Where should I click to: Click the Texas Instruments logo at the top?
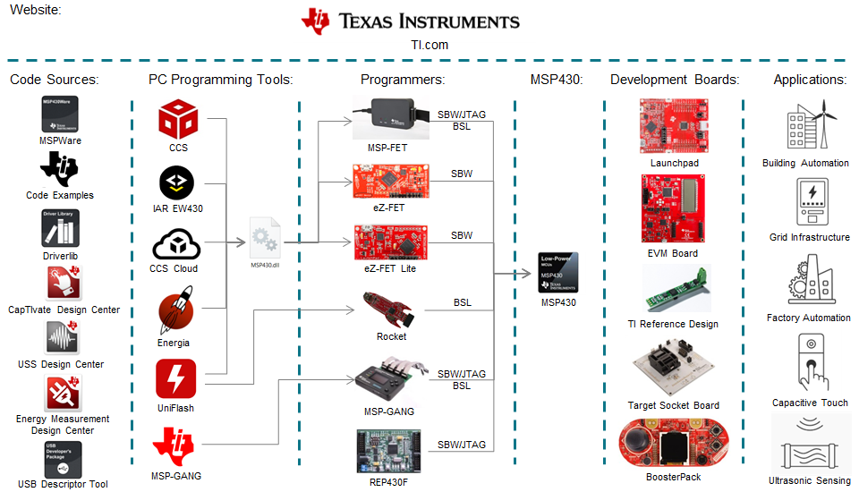coord(411,21)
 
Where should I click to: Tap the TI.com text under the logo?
coord(424,45)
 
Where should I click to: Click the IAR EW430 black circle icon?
coord(177,182)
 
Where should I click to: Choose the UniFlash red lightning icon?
coord(175,378)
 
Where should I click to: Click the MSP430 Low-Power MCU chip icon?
coord(558,272)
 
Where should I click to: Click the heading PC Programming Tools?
coord(220,80)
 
